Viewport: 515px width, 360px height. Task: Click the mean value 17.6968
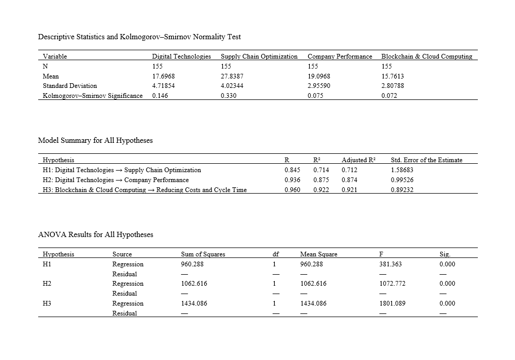click(x=163, y=76)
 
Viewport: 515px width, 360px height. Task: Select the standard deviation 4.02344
click(x=232, y=85)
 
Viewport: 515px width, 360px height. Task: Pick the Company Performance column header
click(x=340, y=56)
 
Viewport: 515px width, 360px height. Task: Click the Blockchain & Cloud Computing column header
click(x=427, y=56)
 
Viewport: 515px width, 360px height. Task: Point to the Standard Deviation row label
click(x=70, y=85)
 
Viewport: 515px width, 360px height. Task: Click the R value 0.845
click(x=292, y=170)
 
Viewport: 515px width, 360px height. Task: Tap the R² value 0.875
click(x=321, y=180)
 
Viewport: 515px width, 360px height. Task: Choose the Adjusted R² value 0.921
click(x=349, y=190)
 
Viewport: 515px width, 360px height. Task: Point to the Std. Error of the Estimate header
click(x=427, y=160)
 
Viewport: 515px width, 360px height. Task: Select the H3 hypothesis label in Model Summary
click(x=144, y=190)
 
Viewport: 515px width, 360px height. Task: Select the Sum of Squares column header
click(x=203, y=254)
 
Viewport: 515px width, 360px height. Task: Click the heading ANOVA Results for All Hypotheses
click(x=96, y=234)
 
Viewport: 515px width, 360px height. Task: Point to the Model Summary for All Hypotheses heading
click(x=95, y=140)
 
